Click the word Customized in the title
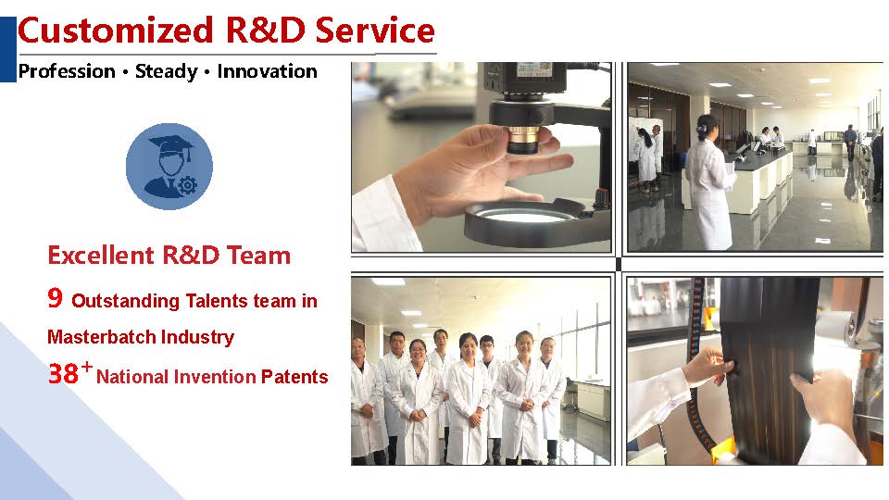116,31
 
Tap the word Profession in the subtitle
67,71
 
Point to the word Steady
166,72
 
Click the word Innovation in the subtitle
267,71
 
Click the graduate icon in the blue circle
169,166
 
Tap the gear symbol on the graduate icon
187,185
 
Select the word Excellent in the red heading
101,256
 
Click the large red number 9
55,297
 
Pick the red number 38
63,373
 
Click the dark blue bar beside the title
8,49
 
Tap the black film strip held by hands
770,369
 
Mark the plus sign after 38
87,367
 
